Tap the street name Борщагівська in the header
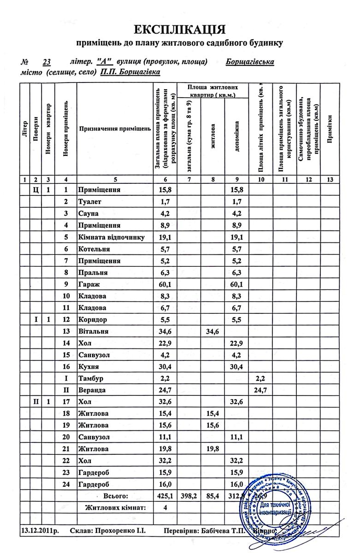pyautogui.click(x=250, y=62)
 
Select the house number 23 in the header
pyautogui.click(x=46, y=62)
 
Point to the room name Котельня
pyautogui.click(x=95, y=249)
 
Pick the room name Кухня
pyautogui.click(x=89, y=366)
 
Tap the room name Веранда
pyautogui.click(x=92, y=390)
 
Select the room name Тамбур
pyautogui.click(x=91, y=378)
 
